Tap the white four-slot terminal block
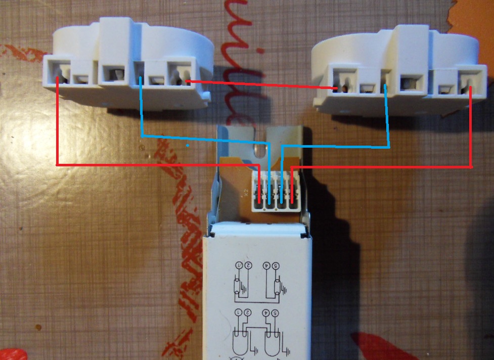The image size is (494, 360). point(276,190)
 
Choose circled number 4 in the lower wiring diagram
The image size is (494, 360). point(265,314)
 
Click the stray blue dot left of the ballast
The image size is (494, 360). point(188,146)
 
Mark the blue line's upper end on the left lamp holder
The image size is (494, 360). point(141,78)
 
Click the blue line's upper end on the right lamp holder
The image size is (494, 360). point(385,85)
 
